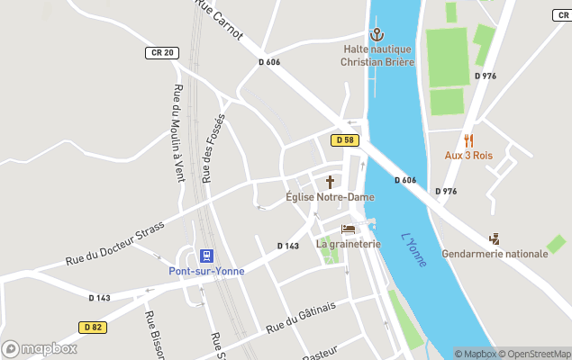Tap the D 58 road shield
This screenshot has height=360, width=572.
(344, 140)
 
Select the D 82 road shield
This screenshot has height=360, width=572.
(92, 327)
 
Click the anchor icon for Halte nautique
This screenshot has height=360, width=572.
(377, 34)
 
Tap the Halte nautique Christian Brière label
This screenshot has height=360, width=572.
(377, 56)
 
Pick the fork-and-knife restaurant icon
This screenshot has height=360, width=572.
(468, 140)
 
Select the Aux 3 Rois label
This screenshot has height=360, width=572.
(468, 155)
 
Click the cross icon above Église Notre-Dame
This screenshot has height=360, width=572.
(330, 181)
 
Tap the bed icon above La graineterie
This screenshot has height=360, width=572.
(348, 229)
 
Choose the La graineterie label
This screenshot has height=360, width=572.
(348, 244)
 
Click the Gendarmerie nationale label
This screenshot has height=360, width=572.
(495, 254)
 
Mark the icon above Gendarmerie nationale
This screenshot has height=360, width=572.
(495, 238)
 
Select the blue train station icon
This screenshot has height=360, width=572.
(206, 256)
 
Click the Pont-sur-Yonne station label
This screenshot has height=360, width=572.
(206, 271)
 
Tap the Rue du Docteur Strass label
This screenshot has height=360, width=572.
(114, 244)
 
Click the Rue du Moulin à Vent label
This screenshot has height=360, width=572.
(177, 133)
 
